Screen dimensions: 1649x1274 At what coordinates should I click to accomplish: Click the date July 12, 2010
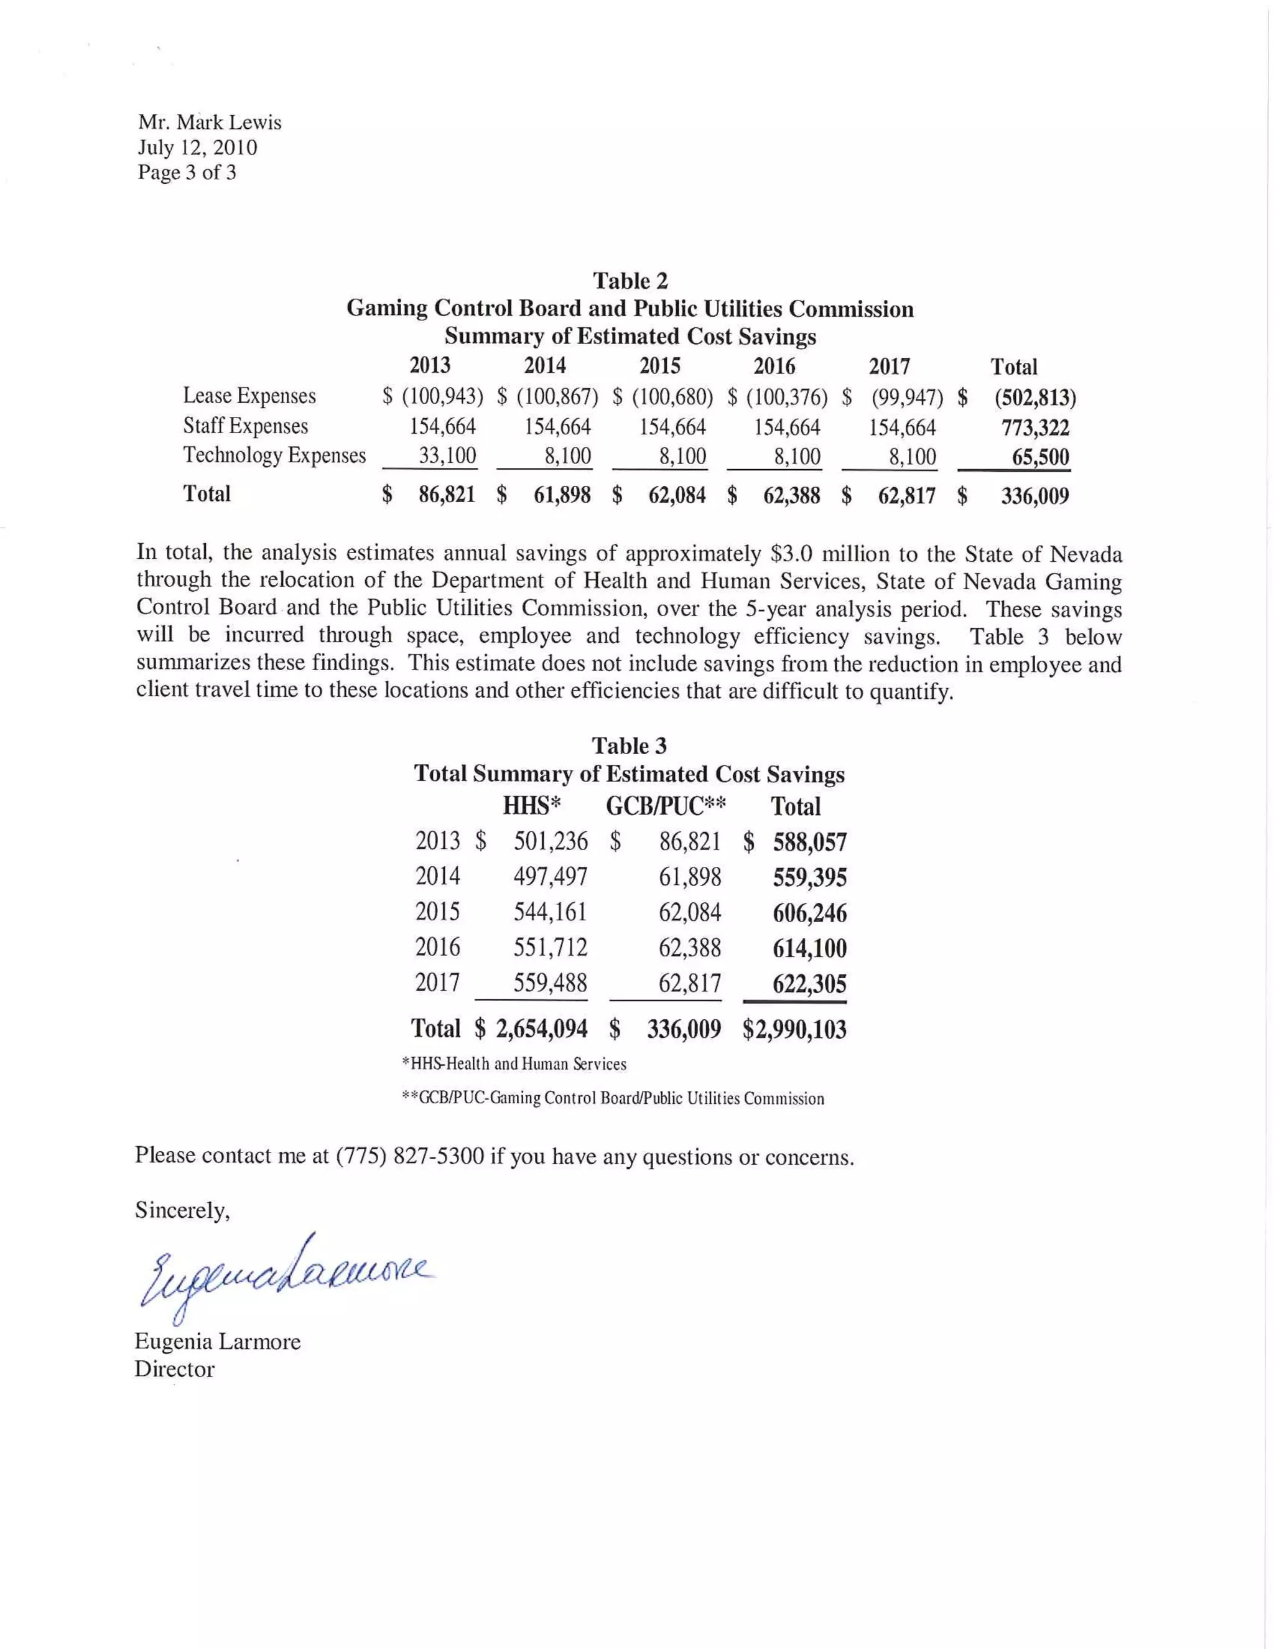pos(197,147)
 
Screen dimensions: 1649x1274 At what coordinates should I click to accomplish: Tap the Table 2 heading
pos(630,281)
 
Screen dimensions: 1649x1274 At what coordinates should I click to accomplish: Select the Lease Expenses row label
pos(249,396)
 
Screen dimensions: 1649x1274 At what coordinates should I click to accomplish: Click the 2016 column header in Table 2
pos(774,366)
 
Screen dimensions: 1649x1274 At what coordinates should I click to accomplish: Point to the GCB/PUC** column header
pos(666,806)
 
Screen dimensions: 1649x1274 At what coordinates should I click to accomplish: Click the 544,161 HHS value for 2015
pos(550,912)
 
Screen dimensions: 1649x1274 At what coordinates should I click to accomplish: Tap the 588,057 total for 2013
pos(809,842)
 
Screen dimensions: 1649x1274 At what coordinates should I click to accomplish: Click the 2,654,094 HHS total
pos(541,1029)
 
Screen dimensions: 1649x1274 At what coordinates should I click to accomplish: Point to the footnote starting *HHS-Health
pos(514,1064)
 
